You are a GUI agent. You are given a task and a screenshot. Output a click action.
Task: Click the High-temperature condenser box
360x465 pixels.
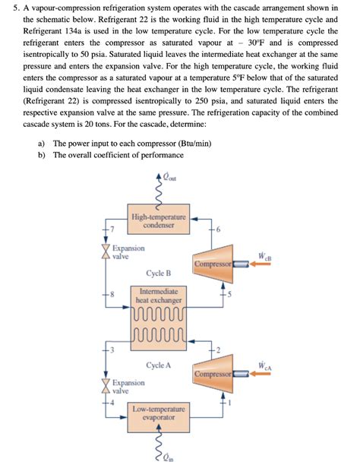[x=158, y=220]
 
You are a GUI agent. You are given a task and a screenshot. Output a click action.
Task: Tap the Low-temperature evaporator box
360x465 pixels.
[x=159, y=413]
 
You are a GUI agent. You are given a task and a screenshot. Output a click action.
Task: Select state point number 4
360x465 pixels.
[x=110, y=403]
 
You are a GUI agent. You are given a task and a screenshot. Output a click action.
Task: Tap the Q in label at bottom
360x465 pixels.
[x=169, y=457]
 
